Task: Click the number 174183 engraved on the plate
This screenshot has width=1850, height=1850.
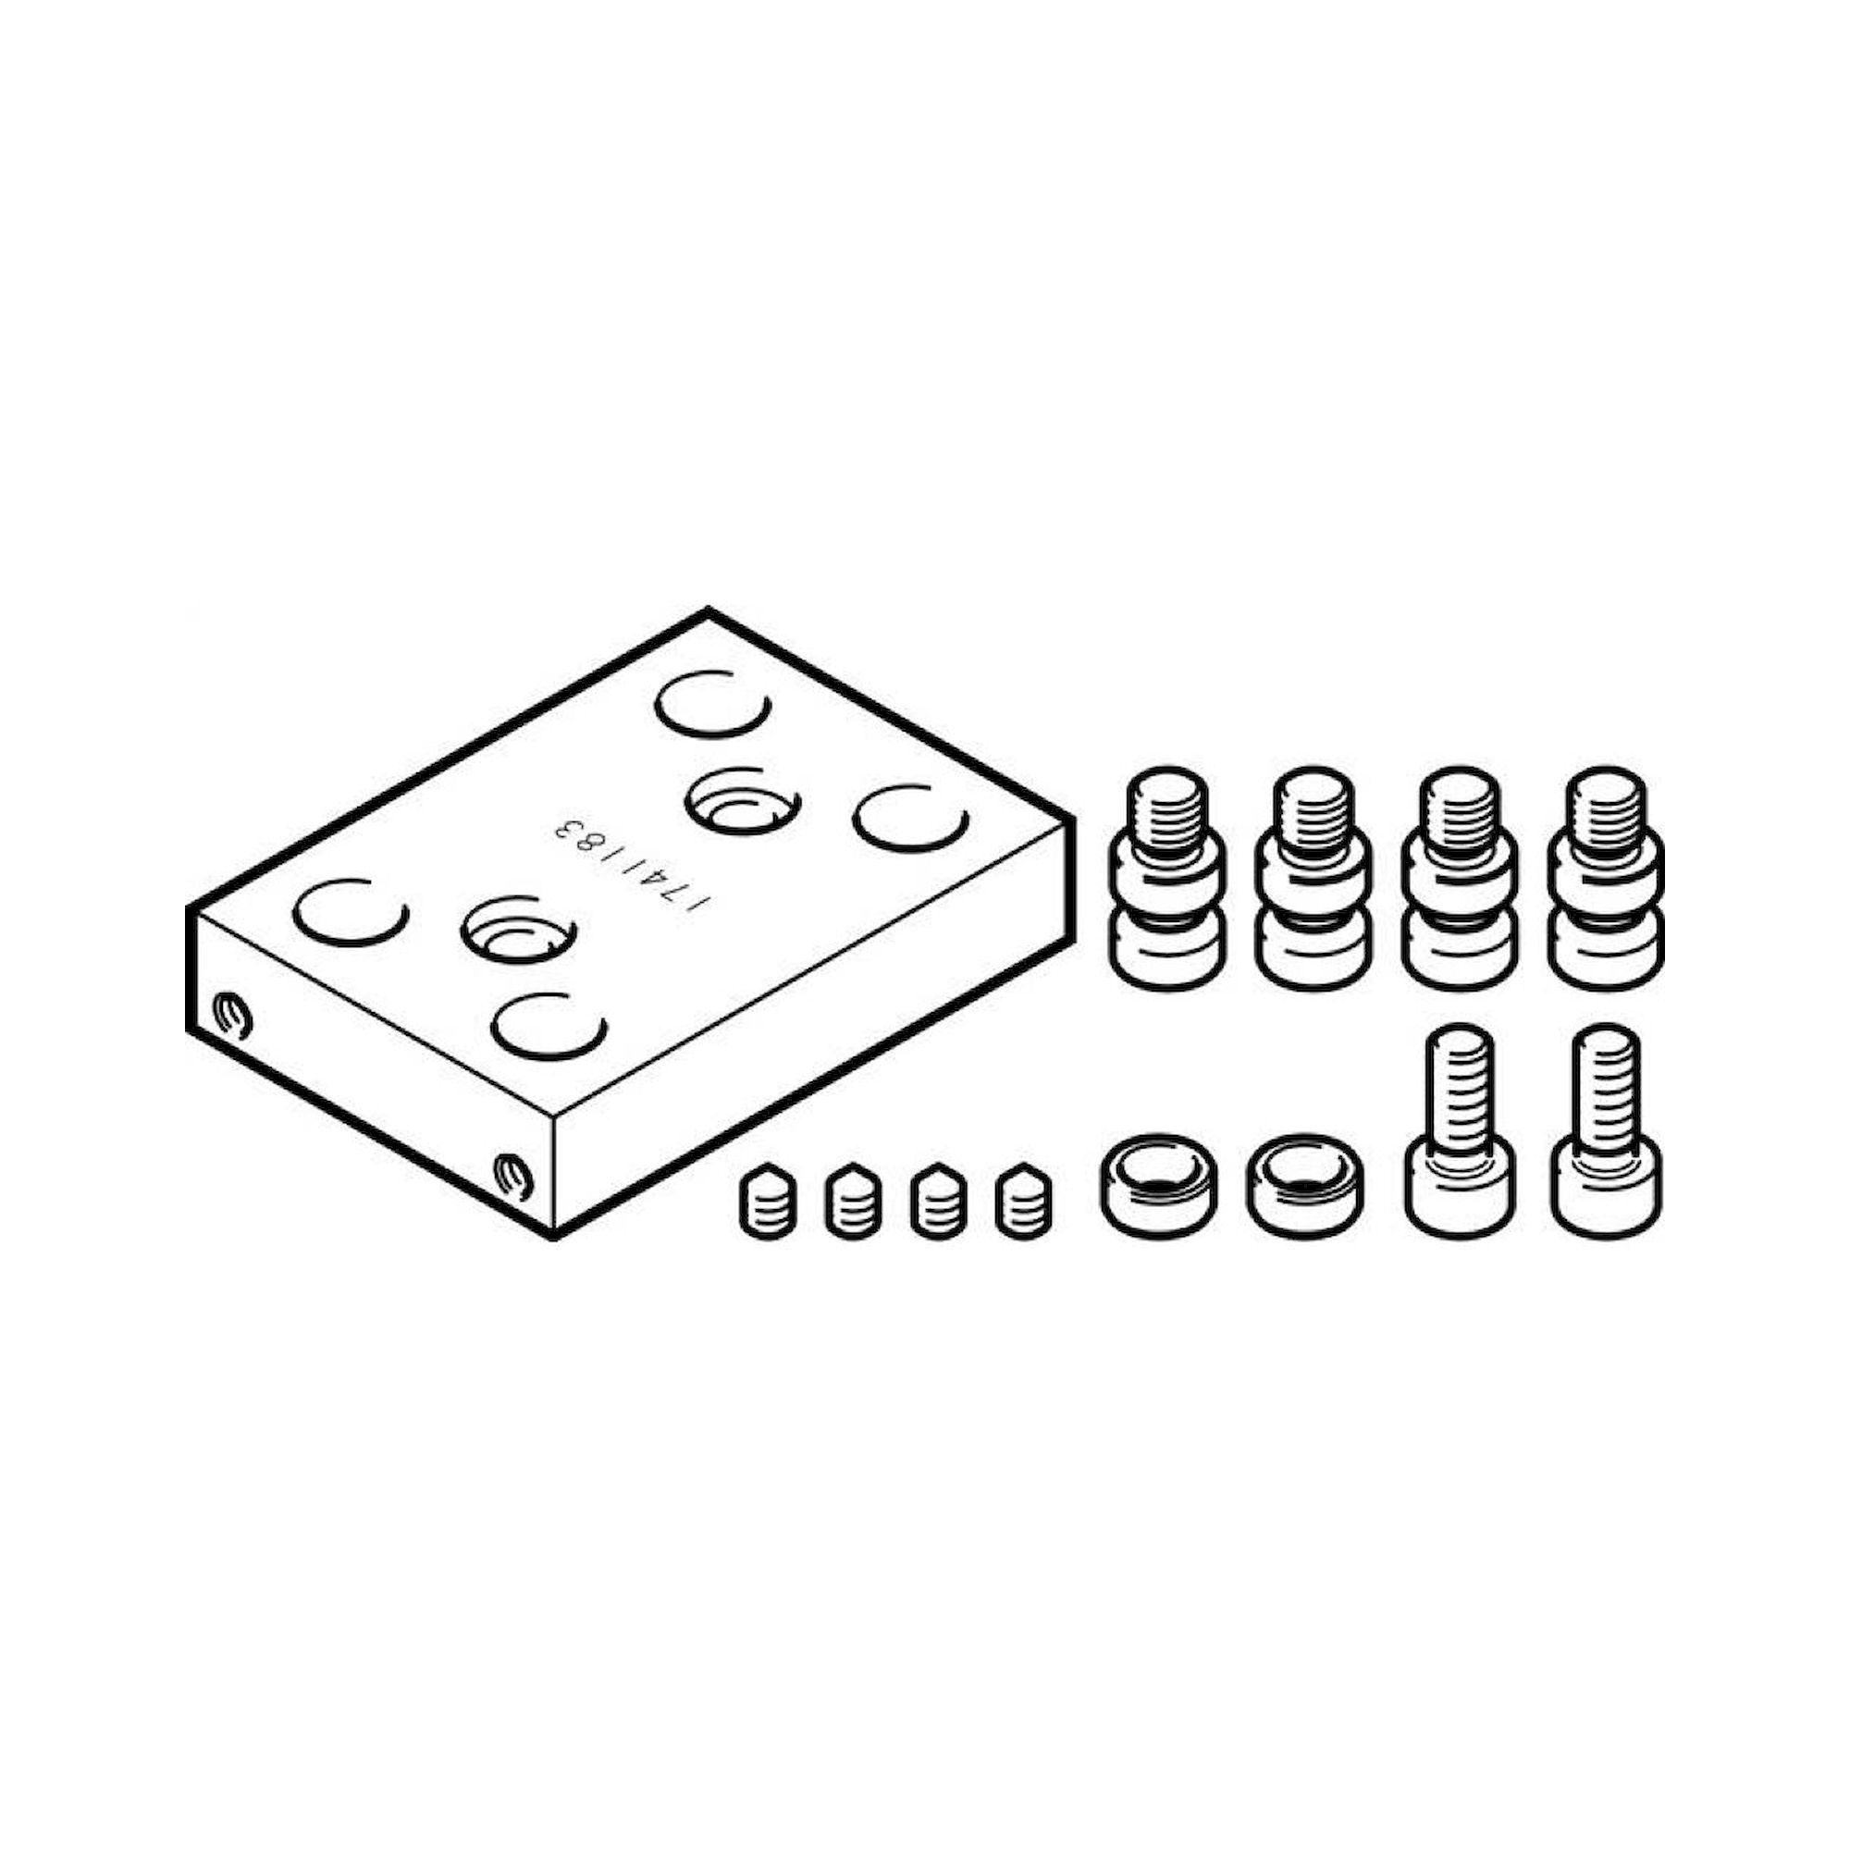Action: [x=632, y=867]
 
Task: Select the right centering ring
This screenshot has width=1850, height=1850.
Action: [x=1302, y=1181]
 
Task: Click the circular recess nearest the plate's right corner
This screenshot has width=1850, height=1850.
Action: [x=909, y=816]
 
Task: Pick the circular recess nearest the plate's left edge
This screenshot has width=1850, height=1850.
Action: [x=351, y=912]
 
